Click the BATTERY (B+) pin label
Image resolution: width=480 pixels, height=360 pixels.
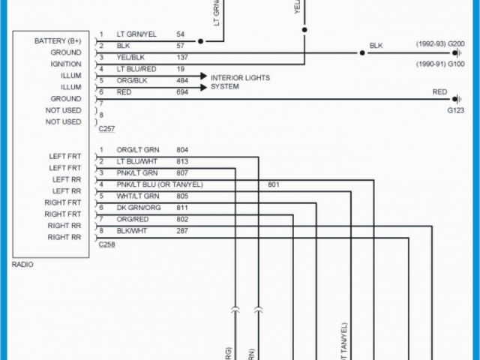coord(58,40)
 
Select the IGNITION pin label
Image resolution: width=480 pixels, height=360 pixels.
coord(65,64)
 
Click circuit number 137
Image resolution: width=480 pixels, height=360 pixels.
coord(182,58)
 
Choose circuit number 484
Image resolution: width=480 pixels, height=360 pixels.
coord(182,80)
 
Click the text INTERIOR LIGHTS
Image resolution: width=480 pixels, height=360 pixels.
coord(240,78)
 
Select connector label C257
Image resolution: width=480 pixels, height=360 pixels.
coord(107,129)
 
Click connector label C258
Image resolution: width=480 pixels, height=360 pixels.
coord(107,244)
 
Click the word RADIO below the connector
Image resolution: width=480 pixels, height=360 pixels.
coord(22,264)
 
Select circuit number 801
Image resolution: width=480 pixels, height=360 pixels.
coord(274,184)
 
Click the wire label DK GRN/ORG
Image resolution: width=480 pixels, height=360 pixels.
coord(138,207)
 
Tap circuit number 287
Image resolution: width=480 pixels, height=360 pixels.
coord(182,230)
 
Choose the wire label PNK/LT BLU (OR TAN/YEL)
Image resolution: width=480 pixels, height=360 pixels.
coord(160,184)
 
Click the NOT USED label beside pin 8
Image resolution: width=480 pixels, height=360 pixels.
coord(63,121)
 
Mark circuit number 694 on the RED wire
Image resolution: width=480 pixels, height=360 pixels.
coord(182,91)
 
